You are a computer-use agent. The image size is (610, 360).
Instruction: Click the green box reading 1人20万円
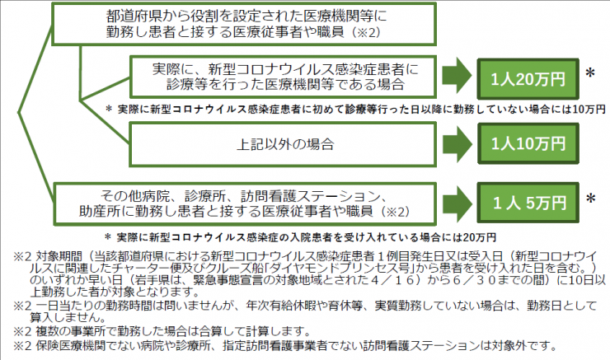(528, 79)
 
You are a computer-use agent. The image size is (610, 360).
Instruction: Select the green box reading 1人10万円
(528, 143)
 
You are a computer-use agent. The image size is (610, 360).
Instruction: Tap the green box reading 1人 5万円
(528, 203)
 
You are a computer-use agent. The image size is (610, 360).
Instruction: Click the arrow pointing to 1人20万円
(457, 76)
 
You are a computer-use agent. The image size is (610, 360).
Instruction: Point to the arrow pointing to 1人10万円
(457, 144)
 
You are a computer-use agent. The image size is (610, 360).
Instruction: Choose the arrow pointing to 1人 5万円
(457, 203)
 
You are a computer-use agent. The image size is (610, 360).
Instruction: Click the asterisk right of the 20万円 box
(590, 73)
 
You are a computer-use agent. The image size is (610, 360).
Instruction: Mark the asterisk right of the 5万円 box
(590, 199)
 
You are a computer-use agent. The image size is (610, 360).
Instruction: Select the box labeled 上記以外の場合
(283, 145)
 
